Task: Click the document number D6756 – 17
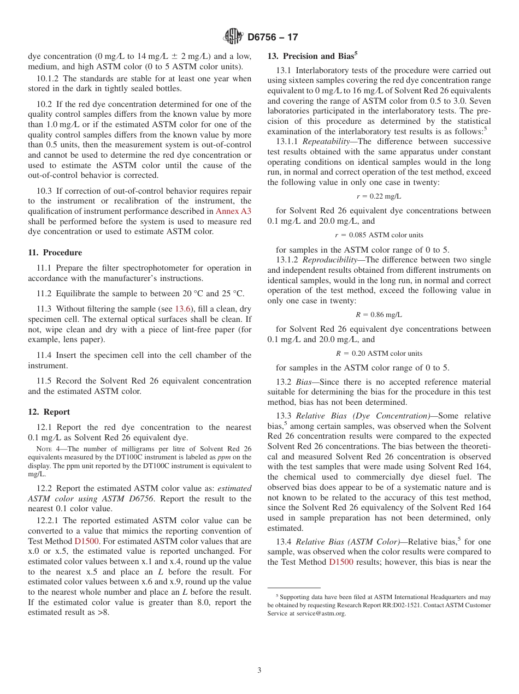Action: [x=273, y=38]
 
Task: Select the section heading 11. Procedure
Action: [x=55, y=253]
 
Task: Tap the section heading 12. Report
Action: [x=49, y=412]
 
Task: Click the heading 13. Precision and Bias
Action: [x=312, y=56]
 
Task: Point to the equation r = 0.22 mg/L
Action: [x=379, y=196]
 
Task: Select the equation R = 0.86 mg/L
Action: [x=379, y=314]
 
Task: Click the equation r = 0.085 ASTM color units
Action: [x=379, y=235]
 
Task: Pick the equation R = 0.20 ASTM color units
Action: [x=379, y=353]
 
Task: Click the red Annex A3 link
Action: [x=233, y=211]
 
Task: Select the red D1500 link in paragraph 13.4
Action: [x=341, y=561]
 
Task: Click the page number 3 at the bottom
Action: [x=259, y=671]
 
